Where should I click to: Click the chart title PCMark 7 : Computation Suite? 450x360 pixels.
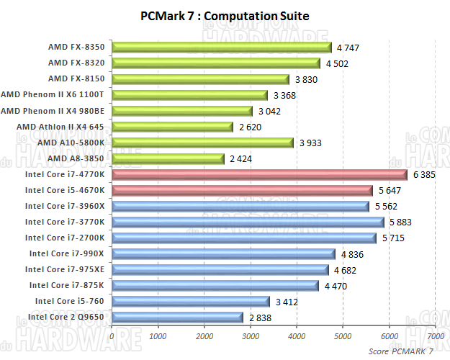225,15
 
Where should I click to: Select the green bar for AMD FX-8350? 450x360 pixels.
222,48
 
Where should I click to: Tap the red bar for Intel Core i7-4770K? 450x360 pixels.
259,174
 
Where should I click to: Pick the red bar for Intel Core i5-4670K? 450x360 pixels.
242,190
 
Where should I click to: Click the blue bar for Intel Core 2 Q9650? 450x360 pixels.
177,316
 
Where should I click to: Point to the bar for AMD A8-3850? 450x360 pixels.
168,158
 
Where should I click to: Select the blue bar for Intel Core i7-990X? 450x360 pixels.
223,253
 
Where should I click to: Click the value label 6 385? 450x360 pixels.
426,174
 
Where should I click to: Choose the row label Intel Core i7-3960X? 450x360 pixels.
66,206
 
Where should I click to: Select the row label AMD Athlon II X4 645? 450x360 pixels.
60,127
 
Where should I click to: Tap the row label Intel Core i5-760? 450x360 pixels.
71,301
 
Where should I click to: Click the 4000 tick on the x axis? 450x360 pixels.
297,336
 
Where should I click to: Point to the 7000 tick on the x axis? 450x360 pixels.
435,336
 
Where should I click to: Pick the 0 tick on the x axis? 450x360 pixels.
112,336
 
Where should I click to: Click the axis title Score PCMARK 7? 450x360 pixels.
400,351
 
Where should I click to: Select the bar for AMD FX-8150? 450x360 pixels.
200,79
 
